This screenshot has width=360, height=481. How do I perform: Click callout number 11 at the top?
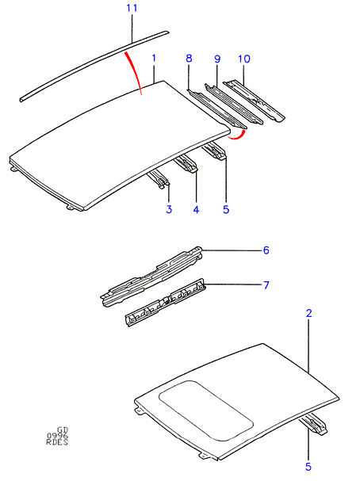(x=132, y=8)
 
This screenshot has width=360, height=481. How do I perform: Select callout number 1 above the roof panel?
(x=154, y=58)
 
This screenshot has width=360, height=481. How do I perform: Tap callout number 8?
(x=189, y=58)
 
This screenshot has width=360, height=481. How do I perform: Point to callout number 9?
(x=217, y=59)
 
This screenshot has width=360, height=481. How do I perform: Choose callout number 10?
(x=244, y=59)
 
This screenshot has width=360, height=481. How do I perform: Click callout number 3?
(x=169, y=209)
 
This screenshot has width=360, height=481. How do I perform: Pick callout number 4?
(x=196, y=209)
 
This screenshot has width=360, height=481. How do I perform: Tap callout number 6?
(x=266, y=250)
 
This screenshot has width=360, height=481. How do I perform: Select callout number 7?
(x=266, y=285)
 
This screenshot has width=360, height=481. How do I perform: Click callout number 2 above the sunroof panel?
(x=308, y=313)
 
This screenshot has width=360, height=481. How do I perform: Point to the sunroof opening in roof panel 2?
(x=206, y=411)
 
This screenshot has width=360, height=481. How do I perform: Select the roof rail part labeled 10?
(x=254, y=101)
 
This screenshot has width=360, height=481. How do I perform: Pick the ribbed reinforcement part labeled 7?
(x=166, y=303)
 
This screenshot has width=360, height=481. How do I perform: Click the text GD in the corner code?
(x=63, y=430)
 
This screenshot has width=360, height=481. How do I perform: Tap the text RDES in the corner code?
(x=57, y=441)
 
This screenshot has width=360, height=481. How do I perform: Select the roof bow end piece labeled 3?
(x=159, y=180)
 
